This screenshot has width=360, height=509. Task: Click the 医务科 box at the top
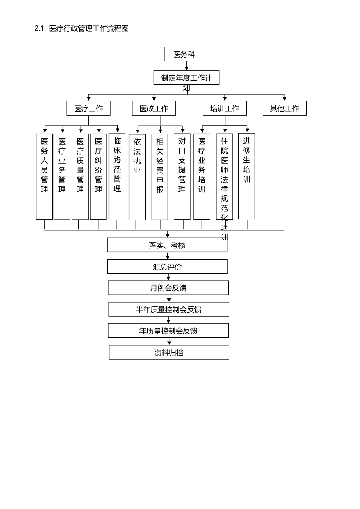tap(184, 54)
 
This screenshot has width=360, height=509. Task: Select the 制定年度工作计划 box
tap(186, 78)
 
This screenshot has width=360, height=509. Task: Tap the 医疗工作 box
tap(89, 108)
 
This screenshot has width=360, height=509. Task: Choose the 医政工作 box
tap(154, 108)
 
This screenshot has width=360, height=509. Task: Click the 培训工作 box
tap(225, 108)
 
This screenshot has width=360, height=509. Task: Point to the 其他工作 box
tap(285, 108)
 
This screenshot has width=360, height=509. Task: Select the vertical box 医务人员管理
tap(44, 176)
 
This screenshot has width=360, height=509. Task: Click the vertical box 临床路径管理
tap(117, 176)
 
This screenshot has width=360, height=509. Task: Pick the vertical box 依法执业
tap(137, 177)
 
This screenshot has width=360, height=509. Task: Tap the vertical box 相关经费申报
tap(160, 177)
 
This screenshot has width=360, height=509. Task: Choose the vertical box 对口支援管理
tap(182, 176)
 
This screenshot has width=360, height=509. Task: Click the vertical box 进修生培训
tap(247, 176)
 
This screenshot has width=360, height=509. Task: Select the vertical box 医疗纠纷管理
tap(99, 176)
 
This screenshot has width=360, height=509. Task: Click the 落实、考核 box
tap(167, 245)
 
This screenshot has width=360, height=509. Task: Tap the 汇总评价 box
tap(167, 267)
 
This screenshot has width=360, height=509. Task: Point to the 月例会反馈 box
tap(168, 288)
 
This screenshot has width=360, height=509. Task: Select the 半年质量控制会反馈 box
tap(169, 309)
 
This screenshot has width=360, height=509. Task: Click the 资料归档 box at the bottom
tap(169, 353)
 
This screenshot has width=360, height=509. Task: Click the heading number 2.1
tap(39, 29)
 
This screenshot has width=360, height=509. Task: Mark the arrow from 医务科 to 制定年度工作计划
tap(187, 66)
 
